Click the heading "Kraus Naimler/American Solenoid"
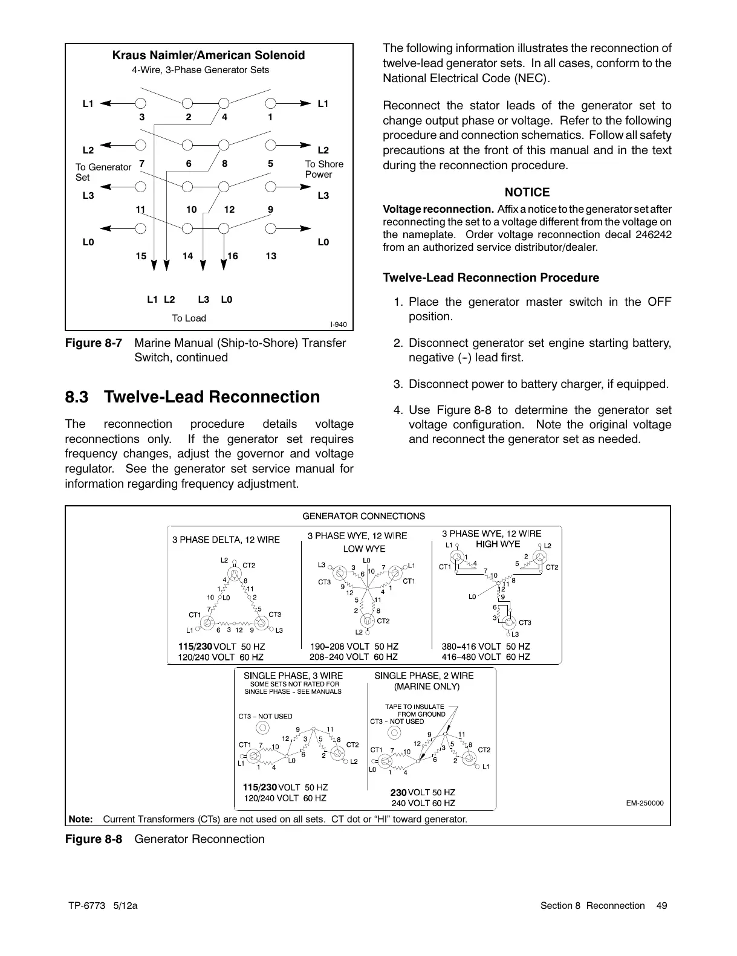pos(209,56)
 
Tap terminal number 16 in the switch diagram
pos(233,256)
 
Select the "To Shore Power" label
pos(323,169)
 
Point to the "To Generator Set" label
pos(103,172)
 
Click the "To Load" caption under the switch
pos(189,318)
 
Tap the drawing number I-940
pos(338,325)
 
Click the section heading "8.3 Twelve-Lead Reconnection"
pos(192,397)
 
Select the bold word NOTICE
pos(527,193)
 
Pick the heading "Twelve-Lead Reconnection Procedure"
pos(491,278)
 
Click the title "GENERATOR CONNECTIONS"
pos(363,516)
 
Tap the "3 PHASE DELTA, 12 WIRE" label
pos(226,540)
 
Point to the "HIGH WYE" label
pos(498,544)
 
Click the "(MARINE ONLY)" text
pos(427,686)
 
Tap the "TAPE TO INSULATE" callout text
pos(415,706)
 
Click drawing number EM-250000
pos(644,803)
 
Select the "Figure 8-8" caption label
pos(94,839)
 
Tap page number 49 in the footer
pos(662,905)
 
